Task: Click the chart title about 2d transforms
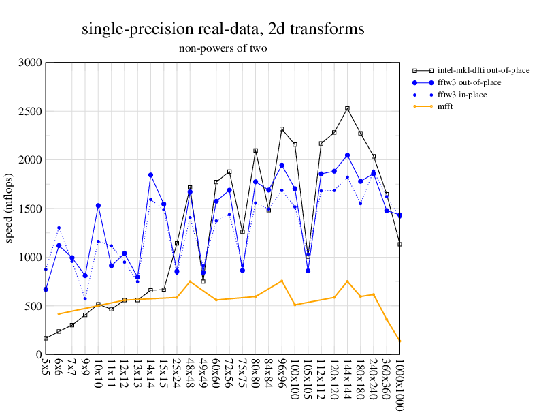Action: coord(223,29)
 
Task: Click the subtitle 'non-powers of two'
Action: coord(223,48)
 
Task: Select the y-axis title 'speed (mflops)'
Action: coord(11,208)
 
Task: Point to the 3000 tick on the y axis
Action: coord(31,63)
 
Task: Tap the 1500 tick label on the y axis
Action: coord(31,208)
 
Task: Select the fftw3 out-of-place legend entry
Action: coord(470,82)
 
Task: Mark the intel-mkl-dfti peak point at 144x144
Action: coord(347,108)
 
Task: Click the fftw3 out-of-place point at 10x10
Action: coord(98,206)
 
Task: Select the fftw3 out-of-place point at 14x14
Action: coord(150,175)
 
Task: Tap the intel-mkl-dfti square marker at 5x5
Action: coord(46,338)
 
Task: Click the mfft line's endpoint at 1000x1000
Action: coord(399,341)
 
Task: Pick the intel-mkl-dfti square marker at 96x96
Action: coord(282,129)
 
